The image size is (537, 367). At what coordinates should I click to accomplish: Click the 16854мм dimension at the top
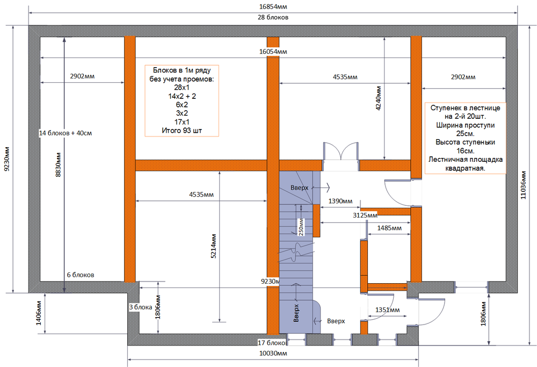(273, 6)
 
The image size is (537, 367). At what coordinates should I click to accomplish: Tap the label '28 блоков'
(273, 17)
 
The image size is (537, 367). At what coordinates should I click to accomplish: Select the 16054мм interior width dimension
(273, 52)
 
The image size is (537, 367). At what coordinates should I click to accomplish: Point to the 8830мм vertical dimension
(58, 164)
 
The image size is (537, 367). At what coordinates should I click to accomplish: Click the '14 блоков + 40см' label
(66, 133)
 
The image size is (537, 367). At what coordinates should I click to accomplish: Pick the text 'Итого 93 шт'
(182, 131)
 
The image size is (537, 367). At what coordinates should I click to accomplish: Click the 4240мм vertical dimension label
(379, 98)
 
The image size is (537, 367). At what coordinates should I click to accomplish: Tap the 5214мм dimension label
(213, 246)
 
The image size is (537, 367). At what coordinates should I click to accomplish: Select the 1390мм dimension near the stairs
(340, 201)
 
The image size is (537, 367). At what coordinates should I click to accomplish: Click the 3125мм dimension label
(365, 215)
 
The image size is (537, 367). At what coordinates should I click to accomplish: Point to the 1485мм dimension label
(389, 228)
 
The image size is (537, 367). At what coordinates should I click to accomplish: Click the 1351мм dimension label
(387, 310)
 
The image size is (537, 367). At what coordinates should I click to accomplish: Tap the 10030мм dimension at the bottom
(273, 353)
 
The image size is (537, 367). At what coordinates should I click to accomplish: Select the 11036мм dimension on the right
(523, 185)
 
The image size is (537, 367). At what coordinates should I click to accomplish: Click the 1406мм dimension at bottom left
(38, 313)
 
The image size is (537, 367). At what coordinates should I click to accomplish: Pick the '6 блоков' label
(81, 275)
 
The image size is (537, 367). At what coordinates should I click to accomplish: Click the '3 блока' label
(140, 307)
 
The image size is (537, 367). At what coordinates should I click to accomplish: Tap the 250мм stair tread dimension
(301, 227)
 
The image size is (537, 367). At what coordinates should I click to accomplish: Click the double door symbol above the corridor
(341, 151)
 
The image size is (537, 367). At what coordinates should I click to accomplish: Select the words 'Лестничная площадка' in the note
(466, 160)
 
